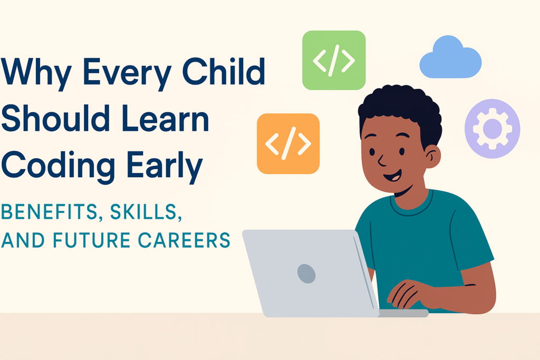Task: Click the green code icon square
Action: coord(334,60)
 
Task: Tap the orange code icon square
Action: coord(288,143)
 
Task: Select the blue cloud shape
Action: coord(450,57)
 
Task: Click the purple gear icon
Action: coord(492,129)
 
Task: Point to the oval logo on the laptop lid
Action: coord(306,274)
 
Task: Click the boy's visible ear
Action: coord(432,156)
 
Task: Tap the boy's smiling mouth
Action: coord(393,176)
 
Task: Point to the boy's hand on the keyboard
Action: coord(410,294)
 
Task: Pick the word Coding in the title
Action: coord(58,166)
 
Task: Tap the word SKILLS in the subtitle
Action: coord(146,212)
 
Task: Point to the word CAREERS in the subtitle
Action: coord(184,240)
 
